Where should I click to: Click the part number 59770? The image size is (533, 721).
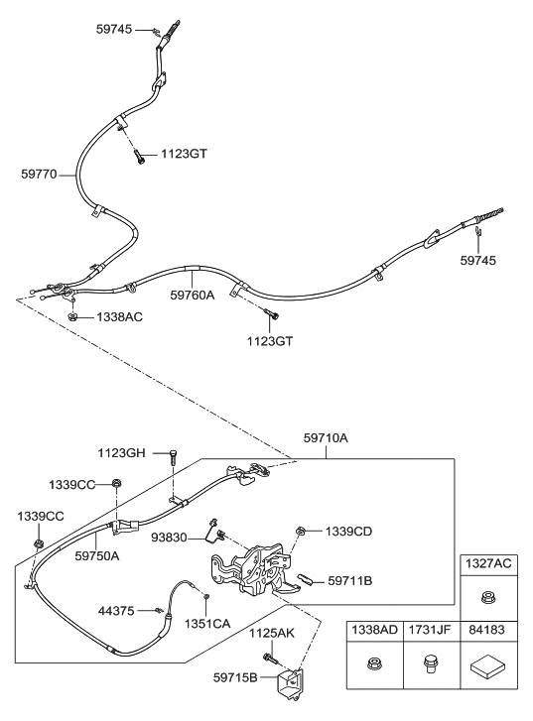(x=41, y=174)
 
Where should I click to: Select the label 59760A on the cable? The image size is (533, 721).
(x=193, y=295)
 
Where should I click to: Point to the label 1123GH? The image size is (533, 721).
(x=122, y=453)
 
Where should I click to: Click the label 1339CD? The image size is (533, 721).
(x=348, y=532)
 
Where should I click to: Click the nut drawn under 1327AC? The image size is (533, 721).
(x=489, y=597)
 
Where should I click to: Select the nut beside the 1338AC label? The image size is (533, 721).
(x=74, y=317)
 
